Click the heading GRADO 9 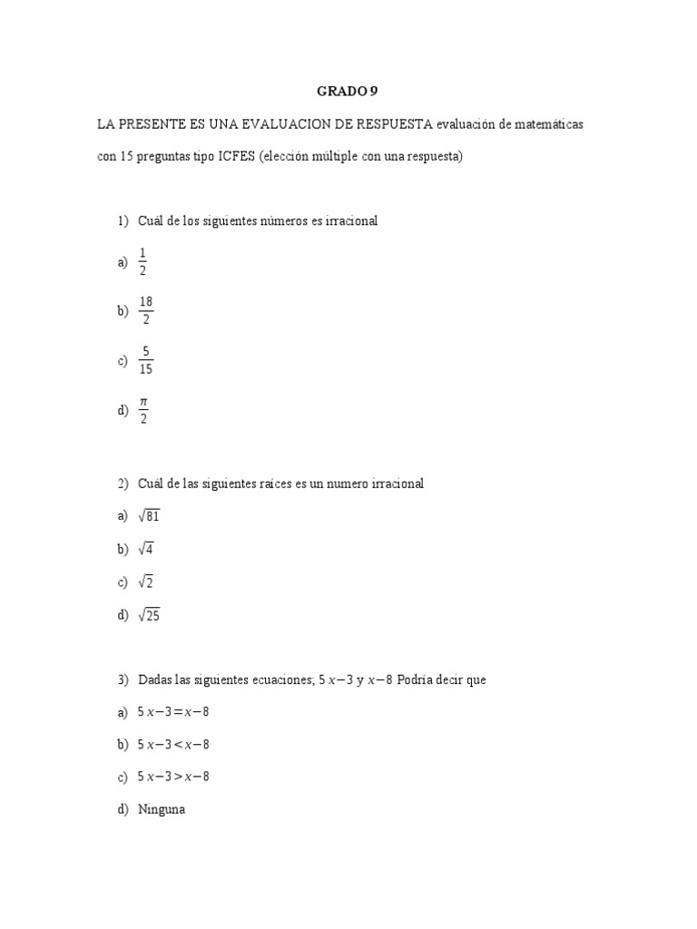pyautogui.click(x=345, y=91)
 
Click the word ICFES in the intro pyautogui.click(x=236, y=156)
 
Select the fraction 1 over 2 pyautogui.click(x=142, y=261)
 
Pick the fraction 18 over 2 pyautogui.click(x=145, y=310)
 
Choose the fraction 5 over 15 pyautogui.click(x=145, y=360)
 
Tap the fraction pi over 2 pyautogui.click(x=143, y=410)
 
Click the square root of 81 pyautogui.click(x=149, y=516)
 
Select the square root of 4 pyautogui.click(x=145, y=549)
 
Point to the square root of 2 pyautogui.click(x=145, y=582)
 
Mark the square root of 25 pyautogui.click(x=149, y=615)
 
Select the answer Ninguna pyautogui.click(x=162, y=809)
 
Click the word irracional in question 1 pyautogui.click(x=349, y=221)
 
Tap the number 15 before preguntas pyautogui.click(x=128, y=156)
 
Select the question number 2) pyautogui.click(x=123, y=484)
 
